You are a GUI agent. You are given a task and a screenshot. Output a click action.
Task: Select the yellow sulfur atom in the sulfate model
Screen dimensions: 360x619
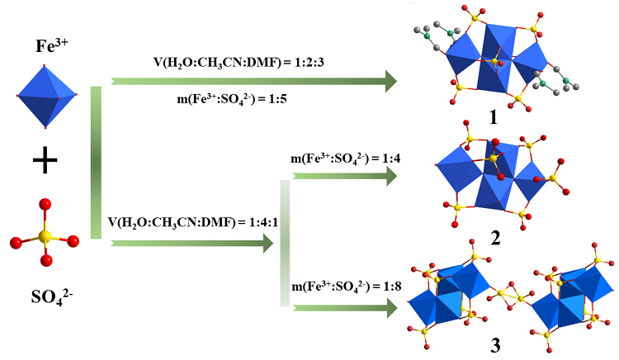(45, 238)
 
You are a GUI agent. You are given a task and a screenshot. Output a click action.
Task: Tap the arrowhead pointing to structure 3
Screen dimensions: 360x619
(387, 308)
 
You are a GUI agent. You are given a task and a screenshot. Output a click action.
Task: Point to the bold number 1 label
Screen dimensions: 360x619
(493, 117)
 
